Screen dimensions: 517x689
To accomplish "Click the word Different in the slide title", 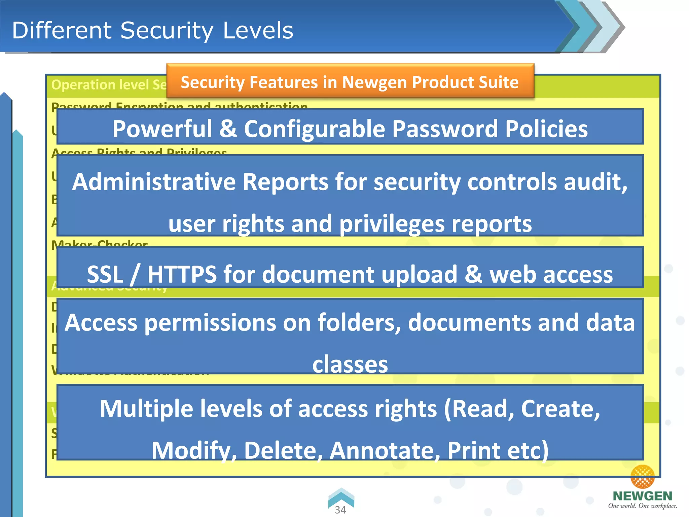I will pyautogui.click(x=62, y=30).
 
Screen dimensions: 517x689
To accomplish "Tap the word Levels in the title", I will pyautogui.click(x=258, y=30).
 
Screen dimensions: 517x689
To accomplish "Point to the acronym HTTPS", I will pyautogui.click(x=182, y=274).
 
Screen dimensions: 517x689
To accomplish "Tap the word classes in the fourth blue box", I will pyautogui.click(x=350, y=364).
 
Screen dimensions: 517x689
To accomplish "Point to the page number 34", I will pyautogui.click(x=340, y=510).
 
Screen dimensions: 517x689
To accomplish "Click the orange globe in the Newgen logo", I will pyautogui.click(x=642, y=476).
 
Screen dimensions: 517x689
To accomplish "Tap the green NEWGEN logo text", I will pyautogui.click(x=642, y=496).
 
